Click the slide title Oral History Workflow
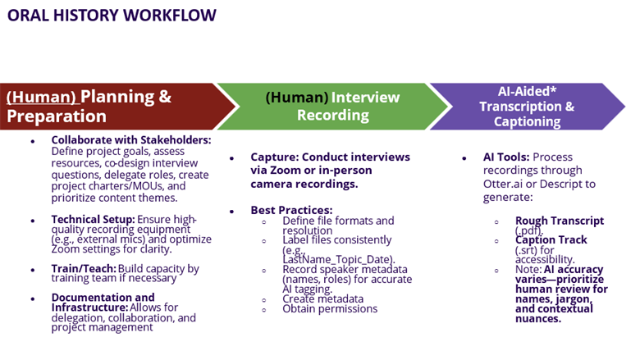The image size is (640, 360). (112, 15)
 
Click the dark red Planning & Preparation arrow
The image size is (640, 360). (107, 107)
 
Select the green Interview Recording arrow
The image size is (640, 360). (328, 107)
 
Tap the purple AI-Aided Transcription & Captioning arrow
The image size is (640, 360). (525, 107)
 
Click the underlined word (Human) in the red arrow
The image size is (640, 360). (41, 97)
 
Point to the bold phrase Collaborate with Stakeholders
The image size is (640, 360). (130, 140)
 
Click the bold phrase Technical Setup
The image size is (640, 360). (93, 219)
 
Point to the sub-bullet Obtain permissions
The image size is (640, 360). (330, 308)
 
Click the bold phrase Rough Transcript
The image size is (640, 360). (560, 221)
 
